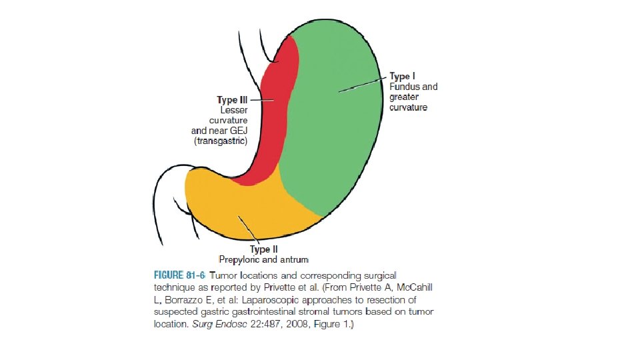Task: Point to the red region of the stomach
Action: coord(273,120)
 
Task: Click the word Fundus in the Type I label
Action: coord(403,87)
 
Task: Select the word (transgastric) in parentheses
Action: coord(220,141)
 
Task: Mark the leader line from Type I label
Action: coord(363,84)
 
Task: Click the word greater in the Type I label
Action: coord(404,97)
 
